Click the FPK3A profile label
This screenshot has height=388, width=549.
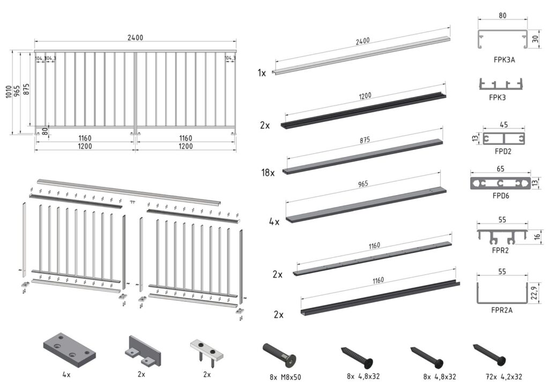[x=501, y=60]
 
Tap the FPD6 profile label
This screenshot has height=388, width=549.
[x=501, y=196]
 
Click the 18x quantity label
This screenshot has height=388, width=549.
[x=268, y=173]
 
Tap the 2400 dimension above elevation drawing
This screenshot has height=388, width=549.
[x=136, y=38]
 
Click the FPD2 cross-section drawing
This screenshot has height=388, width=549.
[x=503, y=138]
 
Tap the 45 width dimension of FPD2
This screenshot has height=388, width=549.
[x=504, y=125]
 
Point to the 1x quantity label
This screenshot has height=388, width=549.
[x=262, y=73]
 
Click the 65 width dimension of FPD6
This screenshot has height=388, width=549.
[x=500, y=169]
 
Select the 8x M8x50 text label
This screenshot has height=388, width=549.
[x=285, y=377]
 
